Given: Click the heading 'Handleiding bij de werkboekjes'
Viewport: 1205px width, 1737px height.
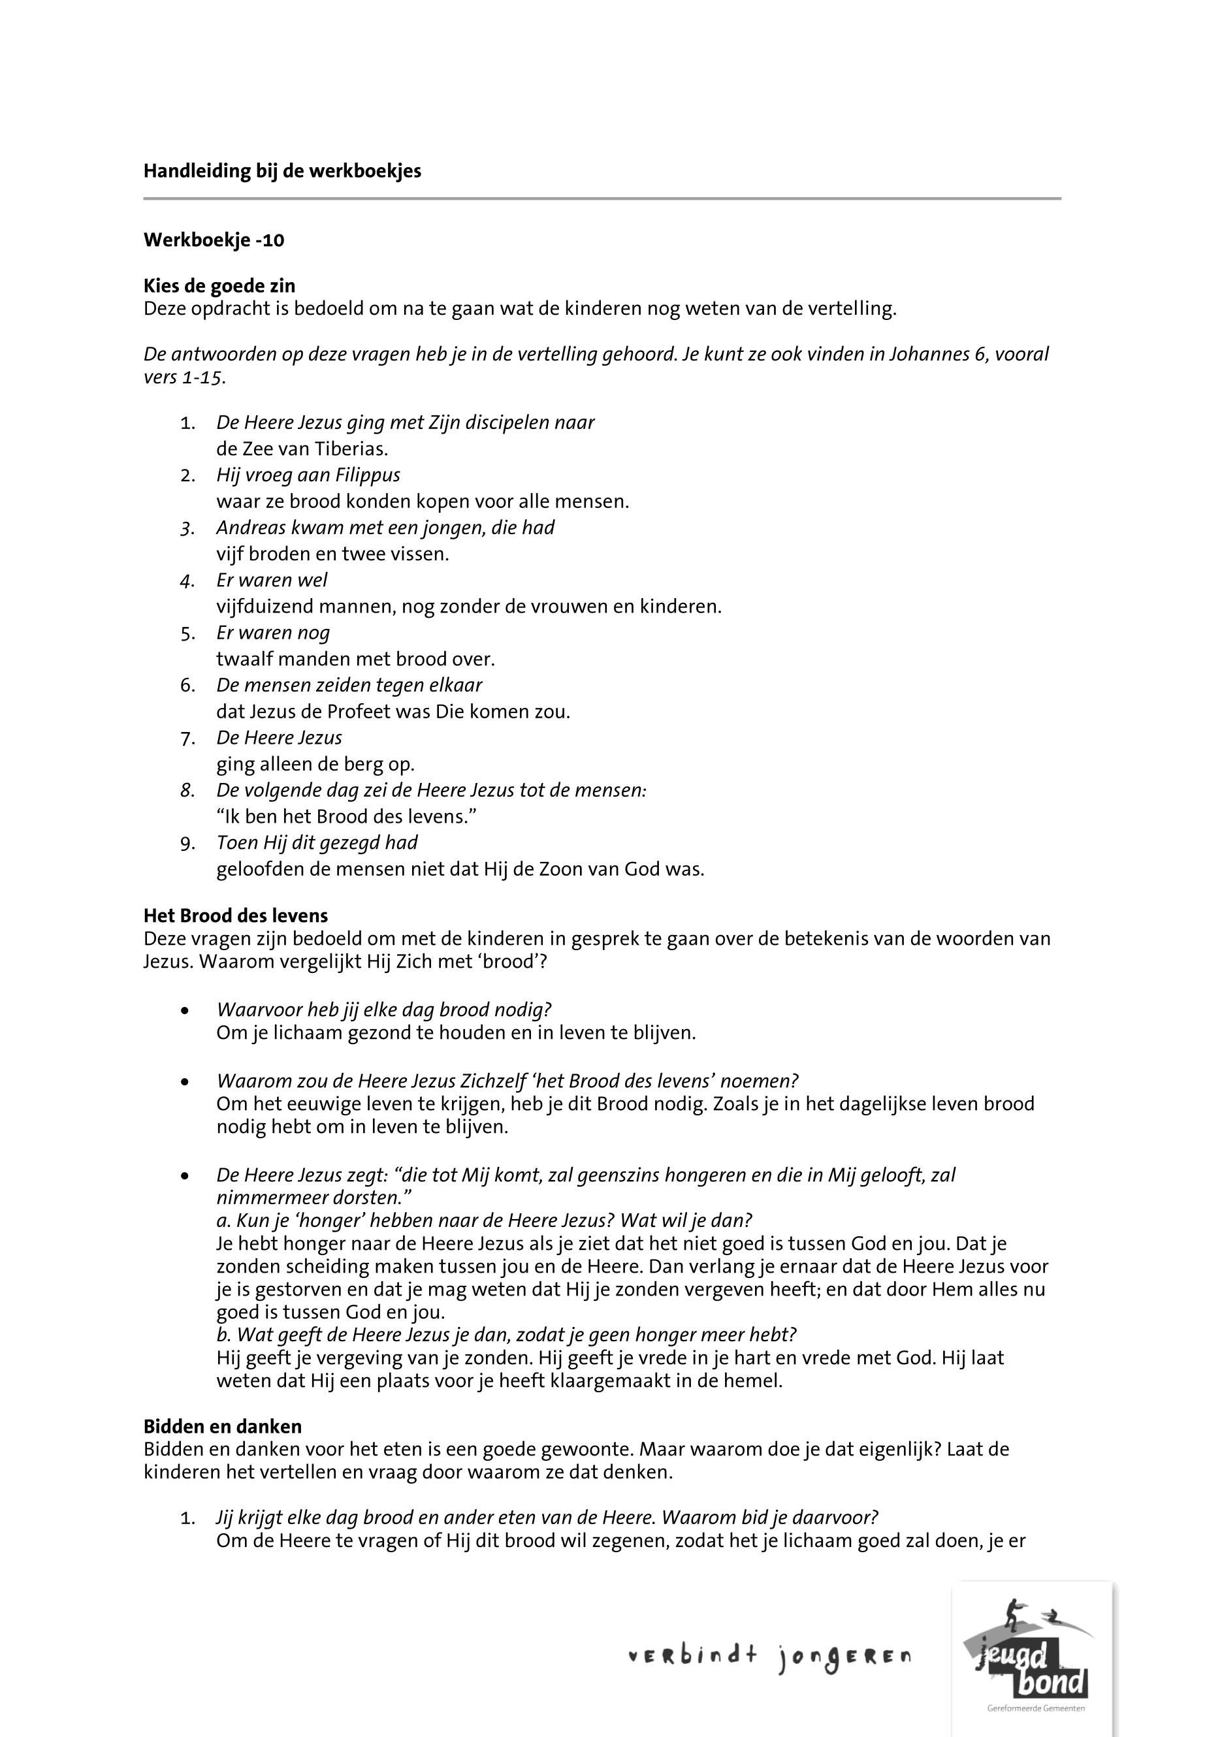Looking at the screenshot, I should [281, 171].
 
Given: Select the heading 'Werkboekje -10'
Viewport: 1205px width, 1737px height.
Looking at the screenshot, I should [214, 240].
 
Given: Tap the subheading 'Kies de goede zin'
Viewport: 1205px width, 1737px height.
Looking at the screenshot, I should [219, 286].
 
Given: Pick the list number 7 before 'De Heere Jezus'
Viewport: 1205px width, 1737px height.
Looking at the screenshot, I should [187, 739].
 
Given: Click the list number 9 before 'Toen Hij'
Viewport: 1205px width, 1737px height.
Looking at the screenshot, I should [187, 843].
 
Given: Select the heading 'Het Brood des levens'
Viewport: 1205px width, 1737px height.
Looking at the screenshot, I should [236, 916].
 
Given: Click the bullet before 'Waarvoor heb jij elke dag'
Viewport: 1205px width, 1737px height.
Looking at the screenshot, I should [185, 1011].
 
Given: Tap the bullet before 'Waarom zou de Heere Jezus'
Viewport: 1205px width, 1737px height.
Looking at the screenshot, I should [185, 1082].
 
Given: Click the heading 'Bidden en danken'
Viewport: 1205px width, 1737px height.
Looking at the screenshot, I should [223, 1427].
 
